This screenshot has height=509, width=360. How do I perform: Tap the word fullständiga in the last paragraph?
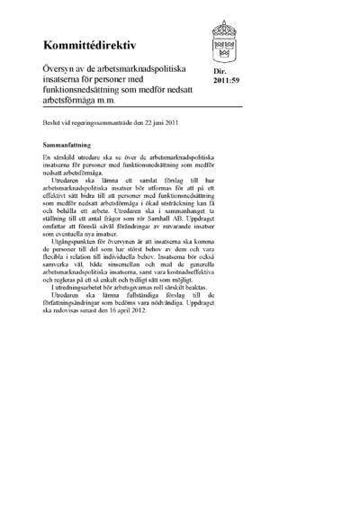click(144, 303)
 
